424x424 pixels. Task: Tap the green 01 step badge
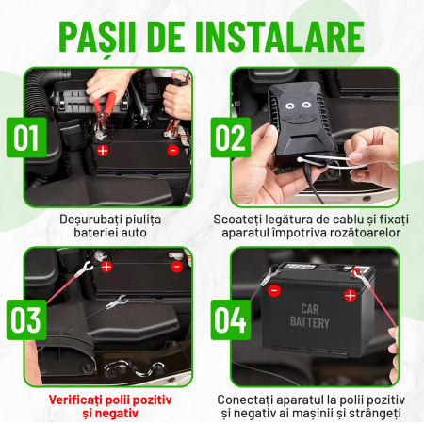point(26,138)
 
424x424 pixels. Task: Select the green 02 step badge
point(231,138)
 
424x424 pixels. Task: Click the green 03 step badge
point(26,319)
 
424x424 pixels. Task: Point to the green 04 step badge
point(231,319)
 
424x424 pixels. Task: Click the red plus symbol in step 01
point(103,151)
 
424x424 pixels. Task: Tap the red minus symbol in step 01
point(173,151)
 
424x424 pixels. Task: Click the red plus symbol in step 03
point(106,267)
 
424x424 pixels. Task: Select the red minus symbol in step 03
point(177,267)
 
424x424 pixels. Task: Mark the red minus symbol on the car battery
point(274,290)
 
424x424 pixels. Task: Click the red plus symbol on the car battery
point(351,295)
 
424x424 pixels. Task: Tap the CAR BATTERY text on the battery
point(310,317)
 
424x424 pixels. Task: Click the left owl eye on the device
point(289,106)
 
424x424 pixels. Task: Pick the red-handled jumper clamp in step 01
point(104,115)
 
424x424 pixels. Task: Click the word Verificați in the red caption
point(75,400)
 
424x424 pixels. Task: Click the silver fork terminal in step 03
point(117,302)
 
